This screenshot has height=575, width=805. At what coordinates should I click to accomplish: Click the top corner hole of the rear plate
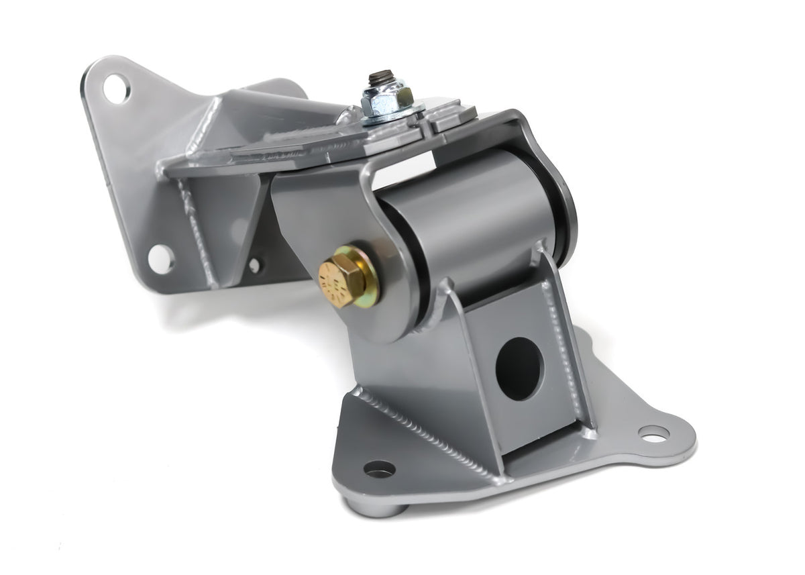click(x=117, y=88)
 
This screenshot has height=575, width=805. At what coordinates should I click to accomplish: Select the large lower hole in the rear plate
click(x=161, y=259)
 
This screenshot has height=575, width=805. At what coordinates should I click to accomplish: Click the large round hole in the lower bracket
click(x=519, y=368)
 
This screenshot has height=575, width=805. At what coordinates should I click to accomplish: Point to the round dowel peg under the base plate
click(x=379, y=507)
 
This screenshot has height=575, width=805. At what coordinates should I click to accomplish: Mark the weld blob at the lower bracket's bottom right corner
click(x=590, y=433)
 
